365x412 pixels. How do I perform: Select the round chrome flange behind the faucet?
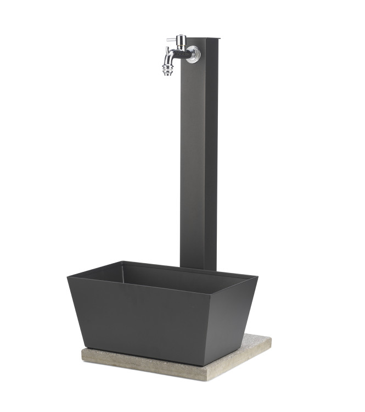point(194,54)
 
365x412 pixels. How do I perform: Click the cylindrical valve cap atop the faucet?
point(181,39)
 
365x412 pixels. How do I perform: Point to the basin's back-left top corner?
point(122,262)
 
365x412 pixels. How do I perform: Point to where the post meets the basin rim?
point(199,269)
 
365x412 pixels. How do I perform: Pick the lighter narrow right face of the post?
point(212,165)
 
